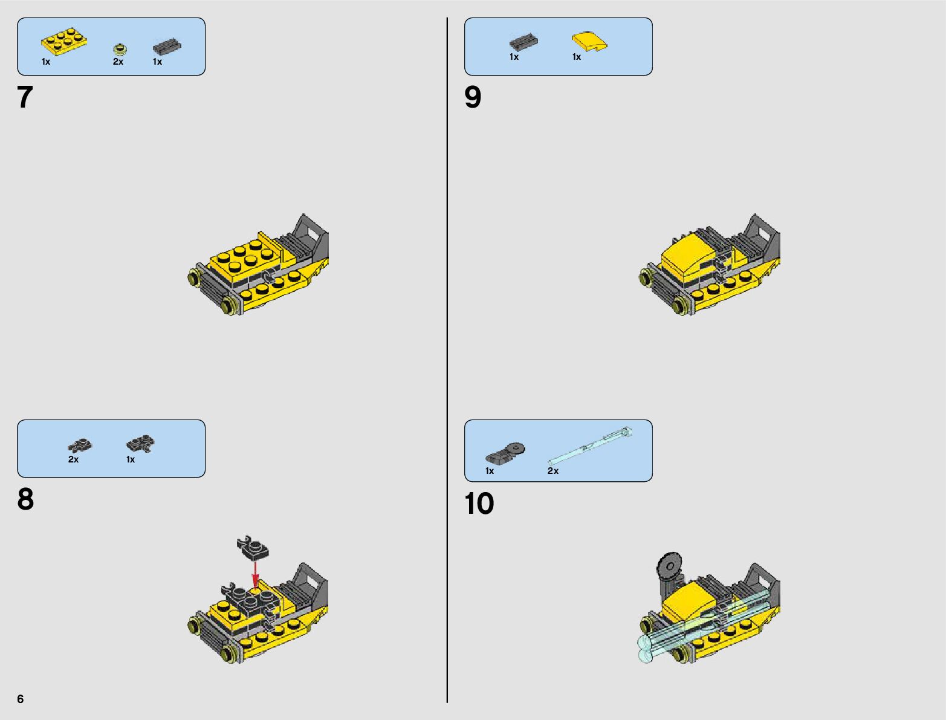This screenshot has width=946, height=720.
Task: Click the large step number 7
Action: pos(25,97)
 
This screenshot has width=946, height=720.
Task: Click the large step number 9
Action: pos(473,97)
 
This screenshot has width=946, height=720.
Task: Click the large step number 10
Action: pos(479,503)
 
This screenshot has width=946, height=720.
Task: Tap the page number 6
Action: pos(21,698)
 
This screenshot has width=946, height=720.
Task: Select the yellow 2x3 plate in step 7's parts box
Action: pos(64,42)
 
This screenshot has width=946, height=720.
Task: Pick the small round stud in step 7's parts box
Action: pos(120,49)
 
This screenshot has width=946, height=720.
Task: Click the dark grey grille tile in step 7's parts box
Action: pos(167,46)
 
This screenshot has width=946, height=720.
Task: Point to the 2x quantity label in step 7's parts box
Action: pos(118,62)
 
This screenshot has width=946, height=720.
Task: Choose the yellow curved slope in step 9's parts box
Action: pos(589,42)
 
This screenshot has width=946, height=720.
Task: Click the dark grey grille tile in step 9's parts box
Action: pos(523,42)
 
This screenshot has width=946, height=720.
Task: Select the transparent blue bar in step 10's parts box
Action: pos(590,446)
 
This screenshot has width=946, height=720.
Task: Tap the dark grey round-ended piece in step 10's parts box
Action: pos(505,453)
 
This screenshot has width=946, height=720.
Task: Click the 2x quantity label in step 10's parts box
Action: pos(553,471)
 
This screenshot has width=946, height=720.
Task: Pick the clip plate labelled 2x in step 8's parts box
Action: pos(80,445)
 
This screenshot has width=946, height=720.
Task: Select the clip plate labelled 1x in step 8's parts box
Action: pos(140,443)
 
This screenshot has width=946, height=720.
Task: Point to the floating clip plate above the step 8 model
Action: pos(252,548)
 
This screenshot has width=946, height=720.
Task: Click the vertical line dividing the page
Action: pos(447,360)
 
